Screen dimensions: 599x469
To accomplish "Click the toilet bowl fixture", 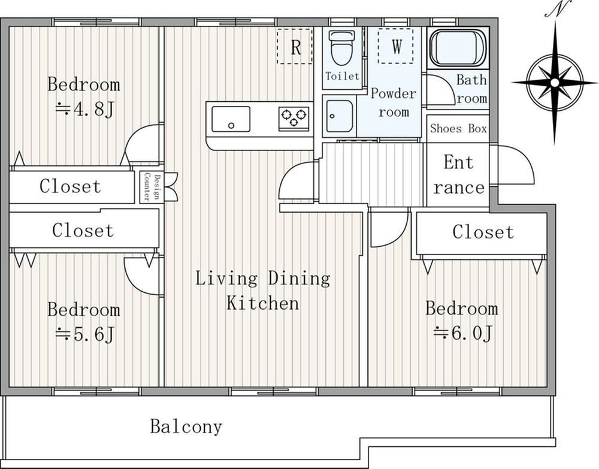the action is tap(342, 47).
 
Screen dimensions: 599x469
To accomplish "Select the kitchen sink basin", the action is tap(231, 119).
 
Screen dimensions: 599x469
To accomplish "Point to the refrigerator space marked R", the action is tap(295, 46).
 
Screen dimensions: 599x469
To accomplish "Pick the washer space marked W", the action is tap(396, 46).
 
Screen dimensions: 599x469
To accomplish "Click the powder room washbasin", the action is tap(339, 116).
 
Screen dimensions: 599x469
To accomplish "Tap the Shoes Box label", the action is tap(458, 128).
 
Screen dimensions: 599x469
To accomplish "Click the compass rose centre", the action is tap(555, 83).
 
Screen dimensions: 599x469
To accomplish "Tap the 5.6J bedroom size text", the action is tap(84, 335).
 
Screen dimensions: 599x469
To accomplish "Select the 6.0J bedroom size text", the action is tap(462, 334).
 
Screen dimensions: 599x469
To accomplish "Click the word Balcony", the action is tap(186, 426).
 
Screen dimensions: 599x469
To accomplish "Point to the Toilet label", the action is tap(342, 76).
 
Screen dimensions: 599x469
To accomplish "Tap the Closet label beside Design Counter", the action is tap(70, 186).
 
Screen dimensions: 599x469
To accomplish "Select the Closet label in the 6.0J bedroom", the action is tap(483, 232).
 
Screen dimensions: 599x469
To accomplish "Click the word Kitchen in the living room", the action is tap(263, 303).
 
